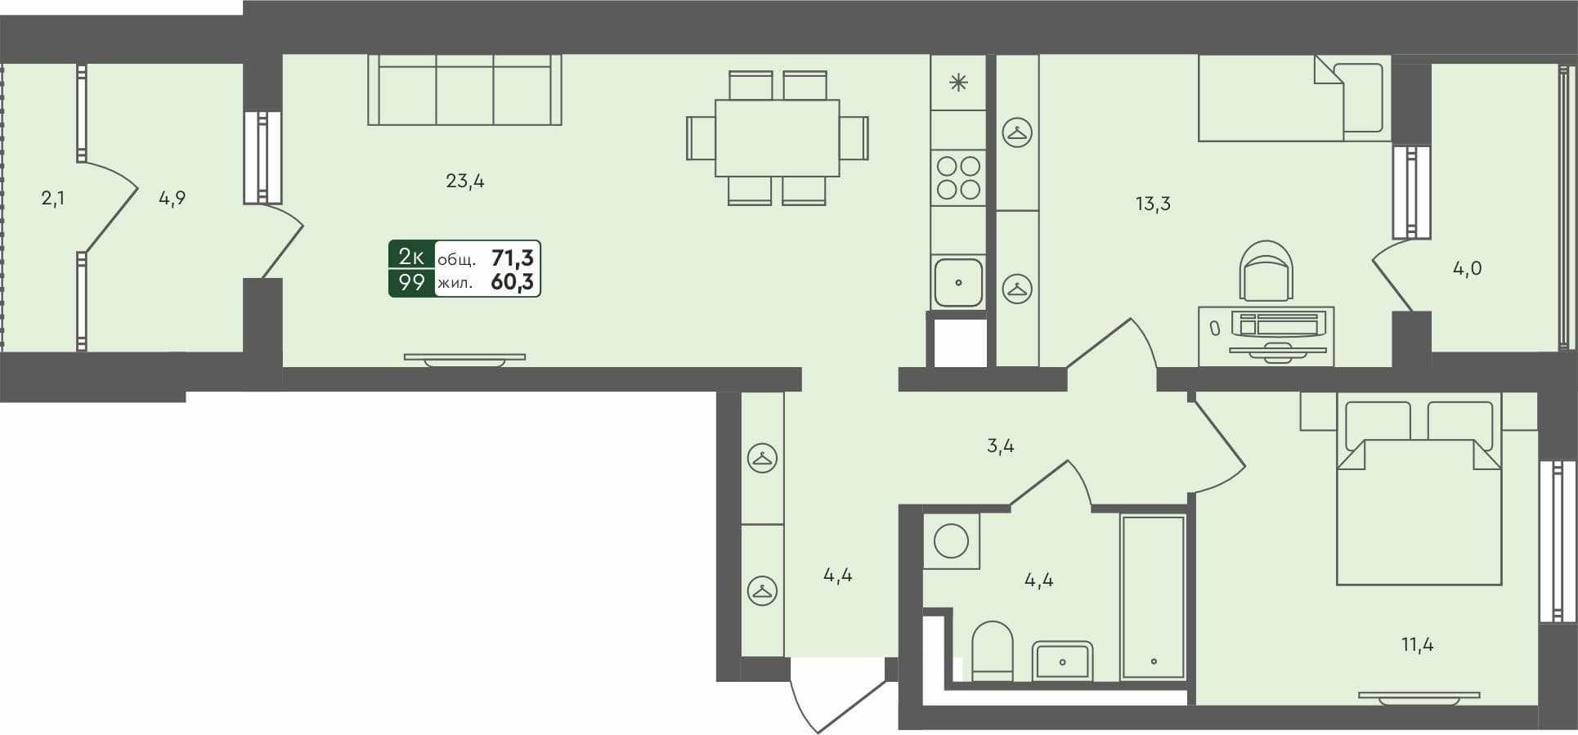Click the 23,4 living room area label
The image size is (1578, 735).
pos(464,181)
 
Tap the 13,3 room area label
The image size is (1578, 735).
pos(1153,204)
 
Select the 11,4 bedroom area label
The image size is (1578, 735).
pos(1417,644)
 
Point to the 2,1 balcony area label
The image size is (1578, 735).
pos(53,198)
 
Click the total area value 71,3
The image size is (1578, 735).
pos(512,258)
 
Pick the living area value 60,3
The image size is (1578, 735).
pos(512,283)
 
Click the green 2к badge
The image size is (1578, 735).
pos(411,257)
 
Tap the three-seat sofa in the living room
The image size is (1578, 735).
pos(464,90)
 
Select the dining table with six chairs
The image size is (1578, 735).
pos(777,137)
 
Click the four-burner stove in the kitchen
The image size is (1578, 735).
pos(958,177)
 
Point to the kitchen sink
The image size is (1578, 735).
pos(958,282)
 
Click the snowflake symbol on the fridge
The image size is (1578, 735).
pos(958,83)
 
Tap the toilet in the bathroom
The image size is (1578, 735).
pos(993,651)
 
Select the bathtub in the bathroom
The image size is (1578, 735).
pos(1153,597)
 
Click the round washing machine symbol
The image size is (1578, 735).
pos(951,540)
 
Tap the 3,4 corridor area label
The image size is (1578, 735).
pos(1000,446)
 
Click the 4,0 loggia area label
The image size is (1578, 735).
pos(1467,268)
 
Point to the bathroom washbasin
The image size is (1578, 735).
pos(1062,661)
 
